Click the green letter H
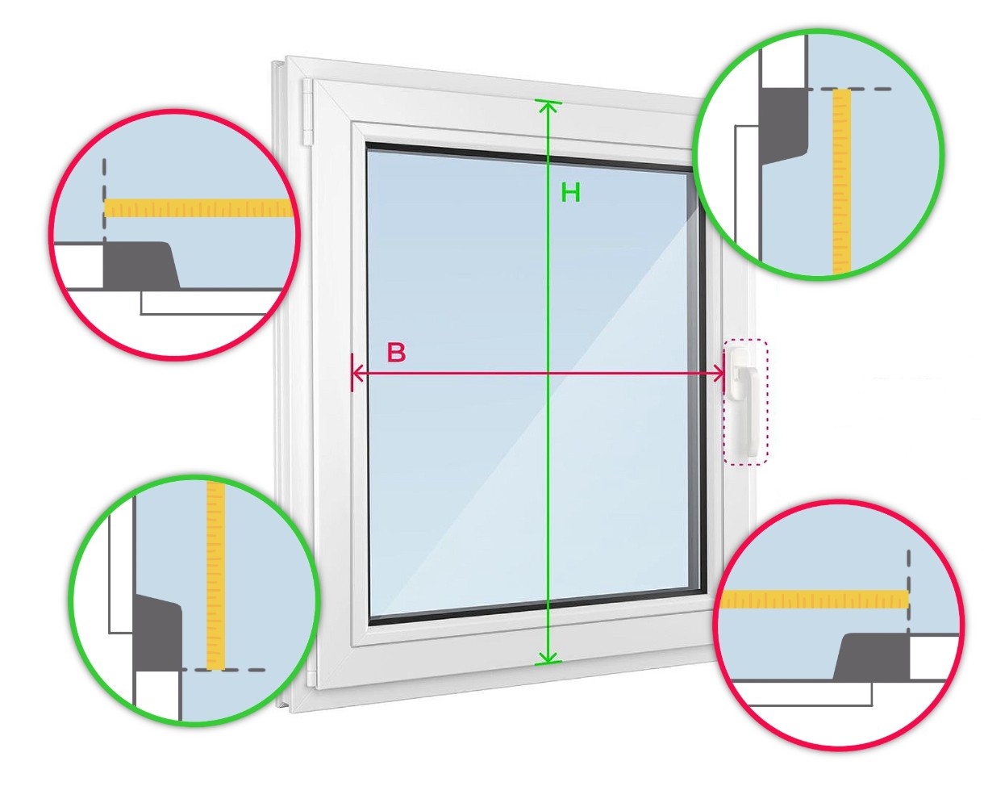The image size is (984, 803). tap(570, 193)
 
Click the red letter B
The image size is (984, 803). tap(396, 353)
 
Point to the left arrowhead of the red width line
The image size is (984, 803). tap(356, 373)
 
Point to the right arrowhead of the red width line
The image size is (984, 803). tap(719, 373)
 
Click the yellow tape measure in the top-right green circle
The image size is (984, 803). tap(841, 182)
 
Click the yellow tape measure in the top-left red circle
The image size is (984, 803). tap(198, 208)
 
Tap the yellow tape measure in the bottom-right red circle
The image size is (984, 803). tap(815, 600)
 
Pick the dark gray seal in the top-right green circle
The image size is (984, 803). tap(782, 125)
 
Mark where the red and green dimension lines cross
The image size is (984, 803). tap(548, 373)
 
